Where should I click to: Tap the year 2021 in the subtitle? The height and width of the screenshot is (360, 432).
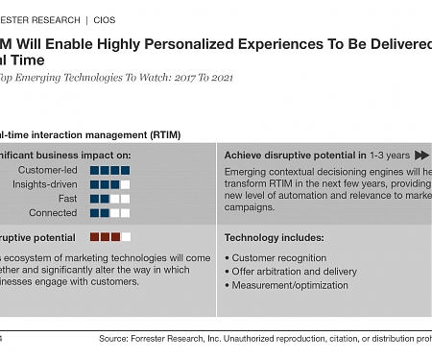click(x=216, y=77)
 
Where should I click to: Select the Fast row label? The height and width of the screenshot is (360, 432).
click(x=68, y=199)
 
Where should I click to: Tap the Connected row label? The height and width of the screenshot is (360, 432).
click(x=54, y=213)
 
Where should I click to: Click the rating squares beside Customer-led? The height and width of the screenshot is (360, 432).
click(x=109, y=170)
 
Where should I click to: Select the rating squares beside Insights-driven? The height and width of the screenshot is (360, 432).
click(x=109, y=184)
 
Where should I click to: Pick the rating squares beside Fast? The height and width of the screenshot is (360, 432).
click(x=109, y=199)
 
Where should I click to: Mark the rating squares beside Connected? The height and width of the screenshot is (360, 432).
click(x=109, y=213)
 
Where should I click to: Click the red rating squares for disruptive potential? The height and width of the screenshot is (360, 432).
click(x=109, y=236)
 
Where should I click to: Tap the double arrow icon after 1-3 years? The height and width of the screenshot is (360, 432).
click(x=422, y=155)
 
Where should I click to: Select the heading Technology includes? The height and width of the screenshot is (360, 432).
click(x=274, y=237)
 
